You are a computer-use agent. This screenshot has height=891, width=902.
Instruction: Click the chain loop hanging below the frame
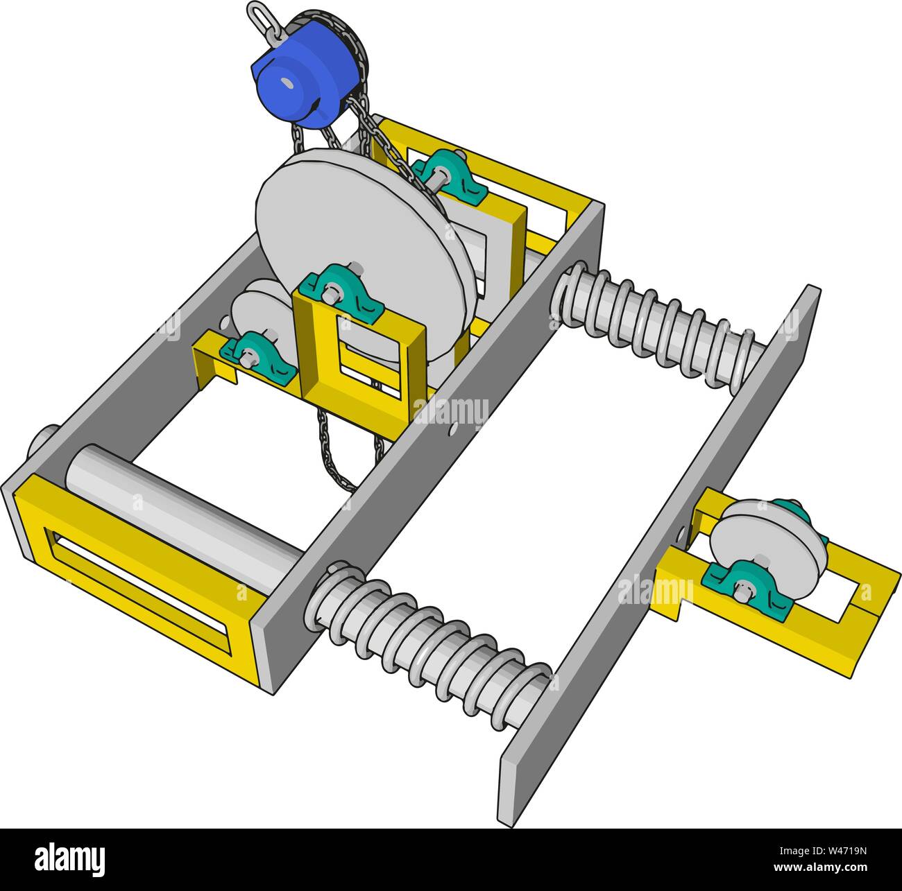tap(340, 458)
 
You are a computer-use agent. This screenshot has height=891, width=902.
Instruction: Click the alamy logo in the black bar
tap(70, 859)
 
